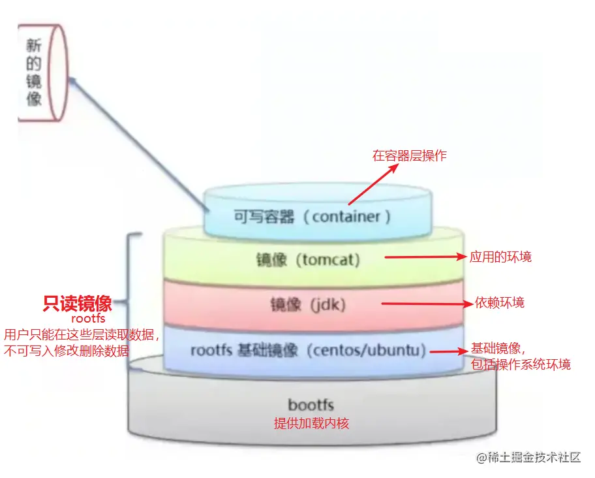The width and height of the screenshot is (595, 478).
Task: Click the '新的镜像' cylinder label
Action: click(x=35, y=72)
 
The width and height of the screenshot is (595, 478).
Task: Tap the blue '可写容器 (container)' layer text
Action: click(x=313, y=217)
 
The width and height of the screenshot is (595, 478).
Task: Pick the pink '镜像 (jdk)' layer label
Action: click(x=308, y=304)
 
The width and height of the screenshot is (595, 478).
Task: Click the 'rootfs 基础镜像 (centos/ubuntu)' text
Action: click(x=308, y=350)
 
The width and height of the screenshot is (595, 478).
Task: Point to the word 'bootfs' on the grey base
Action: click(x=311, y=406)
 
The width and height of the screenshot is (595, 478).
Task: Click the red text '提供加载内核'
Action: click(x=311, y=423)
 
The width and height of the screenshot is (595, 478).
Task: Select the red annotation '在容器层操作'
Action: click(x=410, y=155)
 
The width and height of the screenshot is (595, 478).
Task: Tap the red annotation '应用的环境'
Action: click(x=500, y=257)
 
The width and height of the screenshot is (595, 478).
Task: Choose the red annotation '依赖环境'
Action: click(x=500, y=302)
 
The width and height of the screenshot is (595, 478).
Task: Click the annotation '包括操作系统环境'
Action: click(x=520, y=364)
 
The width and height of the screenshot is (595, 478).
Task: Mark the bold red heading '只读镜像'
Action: click(x=77, y=304)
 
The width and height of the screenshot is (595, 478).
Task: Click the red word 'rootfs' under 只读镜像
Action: click(x=87, y=319)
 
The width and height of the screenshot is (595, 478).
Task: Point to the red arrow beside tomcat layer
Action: click(x=425, y=257)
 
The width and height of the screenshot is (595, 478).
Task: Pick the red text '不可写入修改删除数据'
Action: click(x=67, y=351)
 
